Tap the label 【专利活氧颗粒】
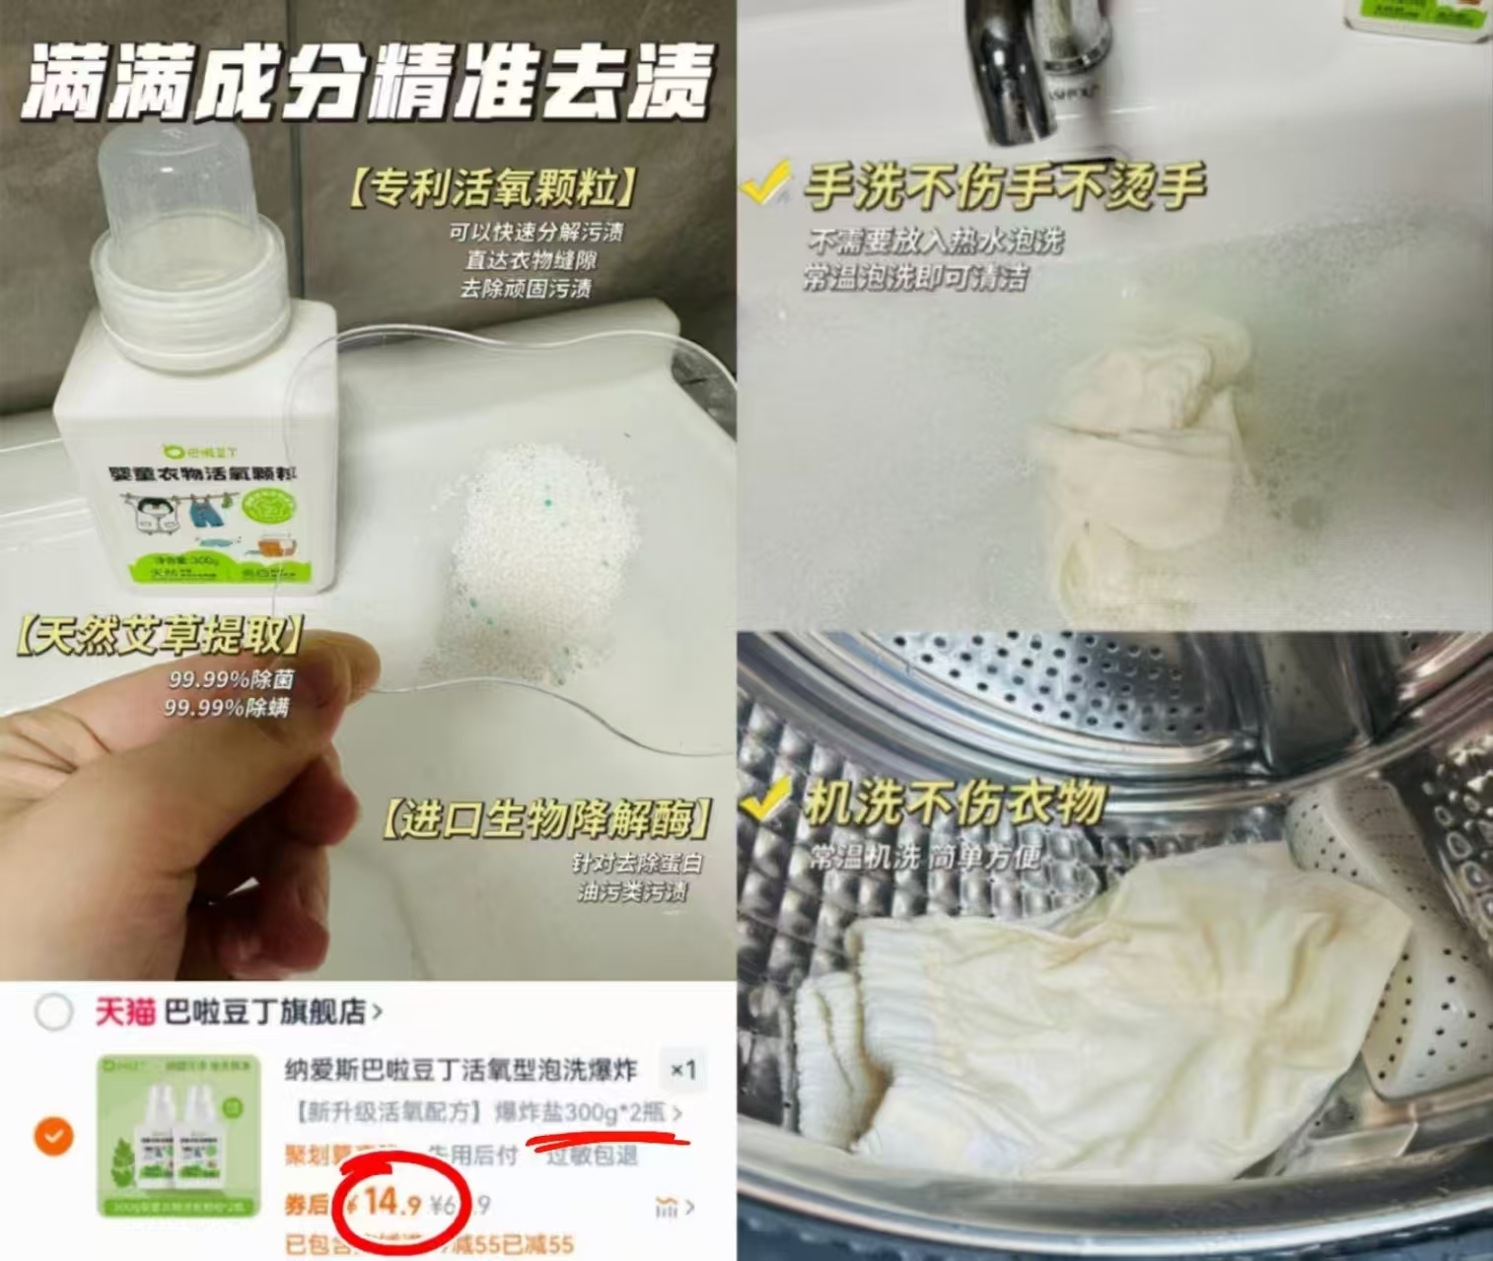click(490, 187)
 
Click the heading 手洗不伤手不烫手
click(1004, 185)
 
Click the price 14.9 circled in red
click(392, 1203)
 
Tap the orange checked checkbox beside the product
click(53, 1136)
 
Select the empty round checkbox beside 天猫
click(53, 1012)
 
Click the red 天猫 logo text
click(124, 1012)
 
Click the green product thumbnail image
click(178, 1135)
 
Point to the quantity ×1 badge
click(682, 1071)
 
